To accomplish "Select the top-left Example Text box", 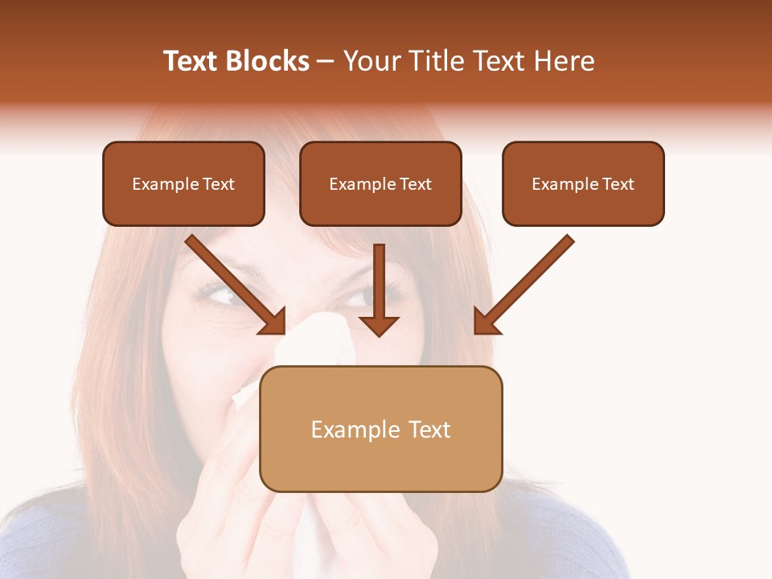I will click(183, 184).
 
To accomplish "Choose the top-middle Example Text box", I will click(380, 184).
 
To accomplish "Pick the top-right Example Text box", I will click(583, 184).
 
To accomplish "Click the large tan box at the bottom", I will click(380, 429).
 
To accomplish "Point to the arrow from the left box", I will click(233, 283).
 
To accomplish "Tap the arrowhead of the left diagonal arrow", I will click(273, 322).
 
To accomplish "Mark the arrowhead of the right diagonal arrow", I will click(486, 322).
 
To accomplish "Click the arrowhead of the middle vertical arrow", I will click(379, 325).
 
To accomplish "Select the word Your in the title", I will click(369, 61).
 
